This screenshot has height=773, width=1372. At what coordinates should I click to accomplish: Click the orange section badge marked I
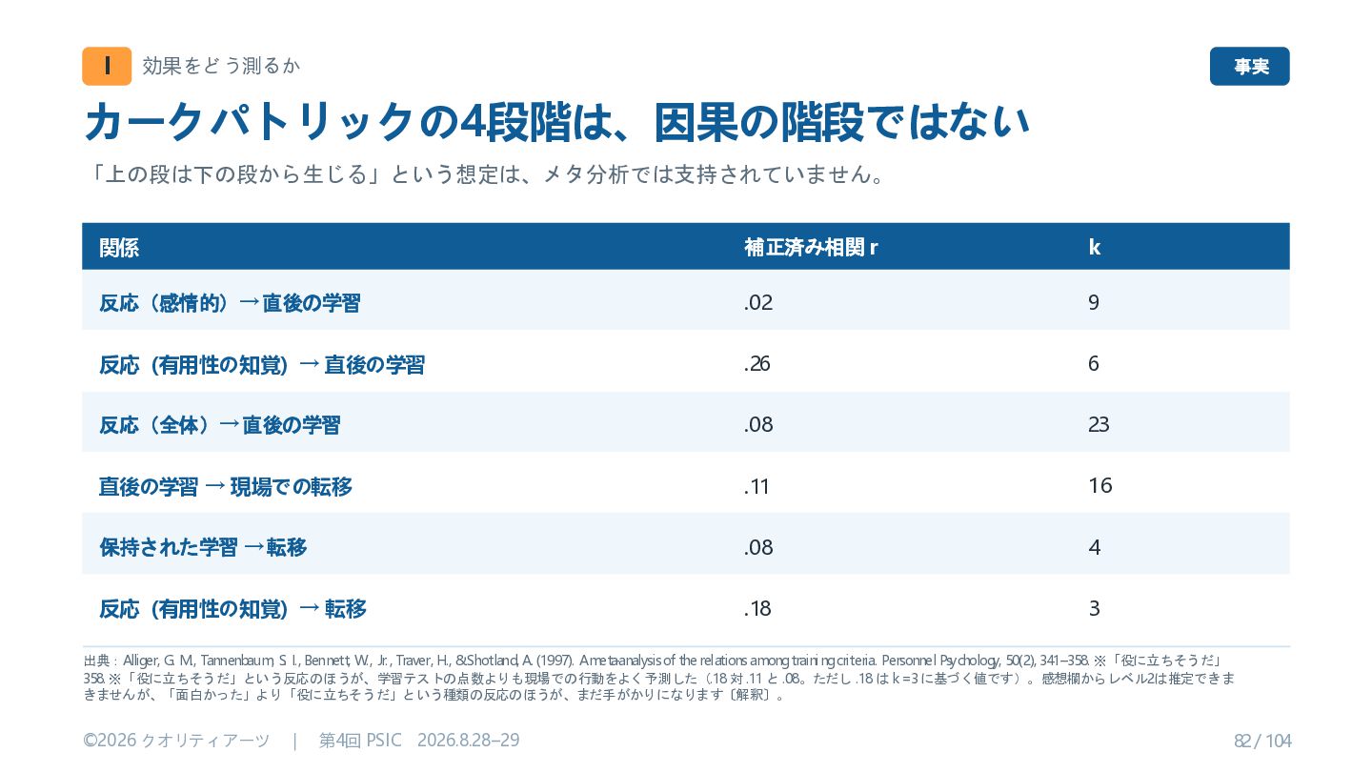pos(107,66)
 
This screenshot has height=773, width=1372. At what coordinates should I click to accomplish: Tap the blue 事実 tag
pos(1249,66)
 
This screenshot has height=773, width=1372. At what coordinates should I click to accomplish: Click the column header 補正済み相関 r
pos(811,248)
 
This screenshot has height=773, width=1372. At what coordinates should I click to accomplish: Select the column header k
pos(1095,248)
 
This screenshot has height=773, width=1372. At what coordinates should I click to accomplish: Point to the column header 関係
pos(119,248)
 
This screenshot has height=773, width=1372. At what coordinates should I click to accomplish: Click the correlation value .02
pos(758,302)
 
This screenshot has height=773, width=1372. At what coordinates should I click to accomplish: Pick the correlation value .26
pos(757,364)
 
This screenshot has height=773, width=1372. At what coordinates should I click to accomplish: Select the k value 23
pos(1099,424)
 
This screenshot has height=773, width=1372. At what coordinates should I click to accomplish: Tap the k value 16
pos(1100,486)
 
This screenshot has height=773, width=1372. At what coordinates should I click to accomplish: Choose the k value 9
pos(1094,302)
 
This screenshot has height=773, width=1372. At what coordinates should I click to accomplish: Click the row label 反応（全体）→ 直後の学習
pos(220,425)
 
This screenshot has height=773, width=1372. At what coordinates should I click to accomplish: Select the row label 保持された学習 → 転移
pos(203,548)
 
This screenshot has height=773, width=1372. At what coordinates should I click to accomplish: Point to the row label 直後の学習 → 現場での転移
pos(226,487)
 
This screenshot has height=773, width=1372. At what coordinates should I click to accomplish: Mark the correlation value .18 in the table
pos(757,609)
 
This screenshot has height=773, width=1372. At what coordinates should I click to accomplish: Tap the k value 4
pos(1095,547)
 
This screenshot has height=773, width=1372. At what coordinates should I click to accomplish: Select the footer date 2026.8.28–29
pos(469,740)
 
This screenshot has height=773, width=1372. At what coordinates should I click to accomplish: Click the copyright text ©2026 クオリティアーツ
pos(176,741)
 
